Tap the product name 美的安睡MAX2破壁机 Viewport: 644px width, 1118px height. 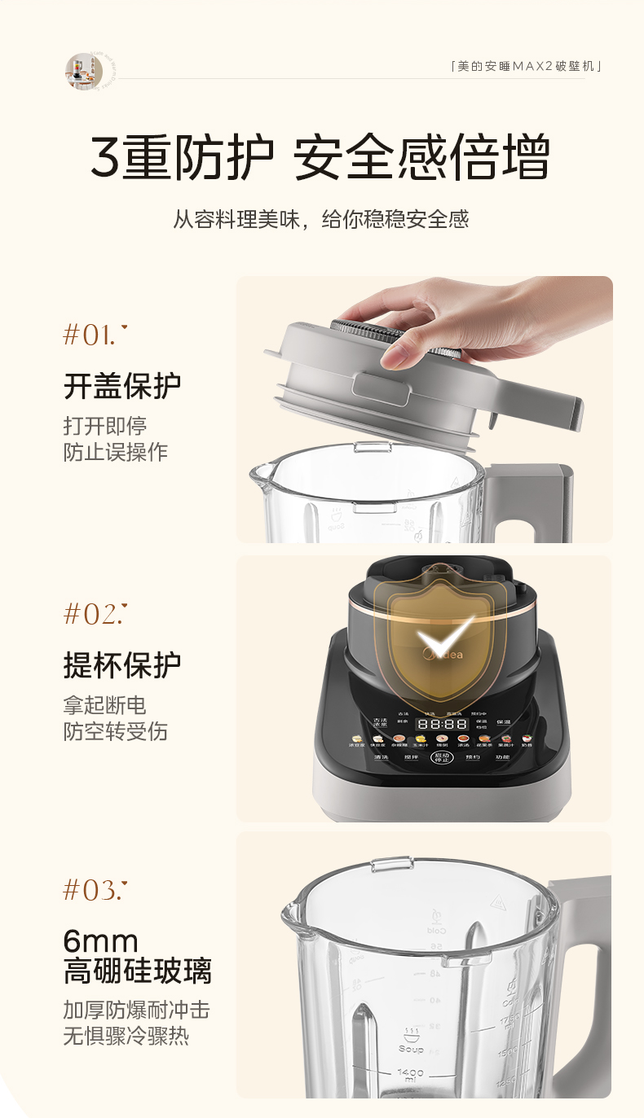[527, 66]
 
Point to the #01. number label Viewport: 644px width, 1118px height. [95, 335]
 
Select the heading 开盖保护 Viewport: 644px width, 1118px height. [122, 386]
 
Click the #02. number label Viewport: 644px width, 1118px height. [95, 613]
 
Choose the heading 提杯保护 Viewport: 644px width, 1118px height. [122, 664]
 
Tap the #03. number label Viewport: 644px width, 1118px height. [95, 890]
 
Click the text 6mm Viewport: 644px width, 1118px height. [100, 941]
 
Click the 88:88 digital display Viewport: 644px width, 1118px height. [442, 723]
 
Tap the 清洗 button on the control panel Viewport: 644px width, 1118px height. [381, 757]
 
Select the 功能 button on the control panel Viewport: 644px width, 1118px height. [501, 757]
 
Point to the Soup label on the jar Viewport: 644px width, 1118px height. [411, 1048]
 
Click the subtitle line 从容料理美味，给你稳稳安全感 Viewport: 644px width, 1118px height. [321, 219]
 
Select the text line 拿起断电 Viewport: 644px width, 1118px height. [105, 705]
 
